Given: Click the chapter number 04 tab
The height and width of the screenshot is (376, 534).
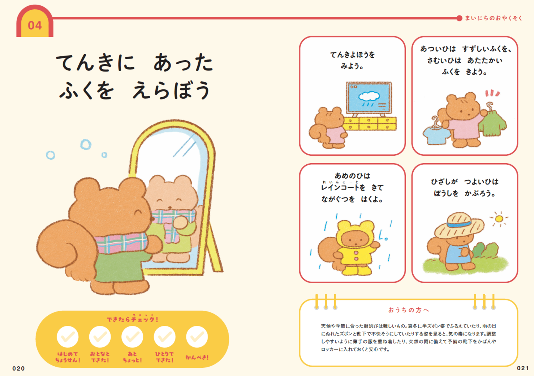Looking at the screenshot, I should click(35, 25).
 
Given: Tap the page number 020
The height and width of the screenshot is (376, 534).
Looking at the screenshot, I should click(19, 369).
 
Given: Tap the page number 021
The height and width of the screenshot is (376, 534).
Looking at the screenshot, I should click(523, 368).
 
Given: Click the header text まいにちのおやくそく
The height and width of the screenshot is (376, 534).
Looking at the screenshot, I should click(493, 18).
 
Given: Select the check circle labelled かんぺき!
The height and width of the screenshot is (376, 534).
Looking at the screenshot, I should click(197, 337).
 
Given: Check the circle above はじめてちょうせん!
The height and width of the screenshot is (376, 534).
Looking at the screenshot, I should click(68, 337).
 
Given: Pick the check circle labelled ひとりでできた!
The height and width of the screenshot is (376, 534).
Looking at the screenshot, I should click(164, 337).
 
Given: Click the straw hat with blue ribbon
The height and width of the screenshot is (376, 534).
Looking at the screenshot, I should click(459, 225).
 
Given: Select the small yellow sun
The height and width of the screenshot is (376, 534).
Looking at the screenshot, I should click(499, 218).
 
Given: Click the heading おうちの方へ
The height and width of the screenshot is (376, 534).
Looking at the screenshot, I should click(408, 310).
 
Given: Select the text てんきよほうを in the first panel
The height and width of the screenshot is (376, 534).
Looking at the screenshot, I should click(352, 55).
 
